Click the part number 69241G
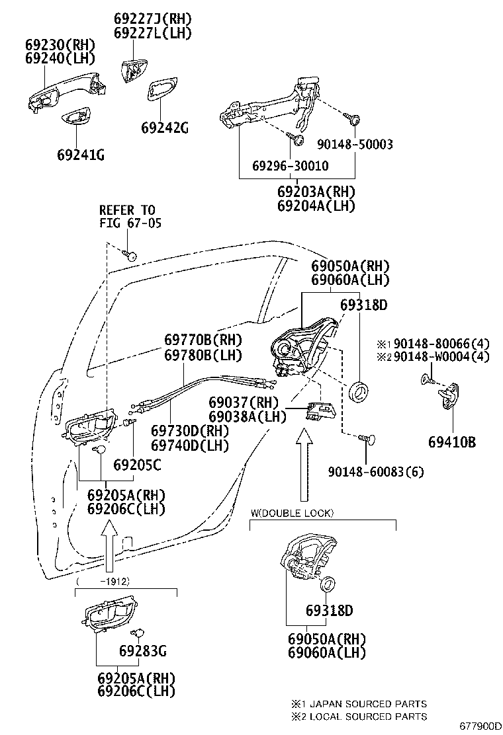click(x=81, y=155)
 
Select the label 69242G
click(x=165, y=128)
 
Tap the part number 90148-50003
click(x=355, y=144)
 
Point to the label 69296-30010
click(x=291, y=166)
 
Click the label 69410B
click(x=452, y=442)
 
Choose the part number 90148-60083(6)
click(x=376, y=471)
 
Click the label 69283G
click(x=143, y=650)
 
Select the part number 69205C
click(x=137, y=465)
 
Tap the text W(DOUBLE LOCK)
click(x=292, y=514)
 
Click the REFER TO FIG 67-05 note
click(x=130, y=216)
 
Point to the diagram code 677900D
click(x=480, y=726)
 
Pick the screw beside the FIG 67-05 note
click(x=130, y=254)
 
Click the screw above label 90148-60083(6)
click(x=367, y=440)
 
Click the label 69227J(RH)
click(x=153, y=19)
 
